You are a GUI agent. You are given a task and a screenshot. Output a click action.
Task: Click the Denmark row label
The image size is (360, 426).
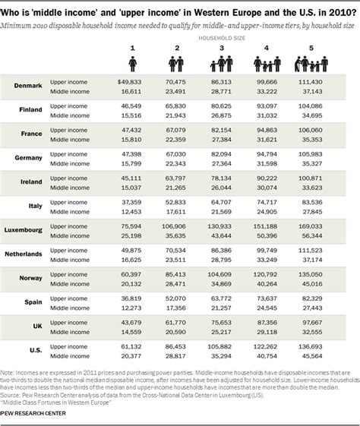pyautogui.click(x=27, y=86)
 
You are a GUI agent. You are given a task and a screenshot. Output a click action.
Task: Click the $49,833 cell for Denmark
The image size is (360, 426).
pyautogui.click(x=130, y=80)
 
